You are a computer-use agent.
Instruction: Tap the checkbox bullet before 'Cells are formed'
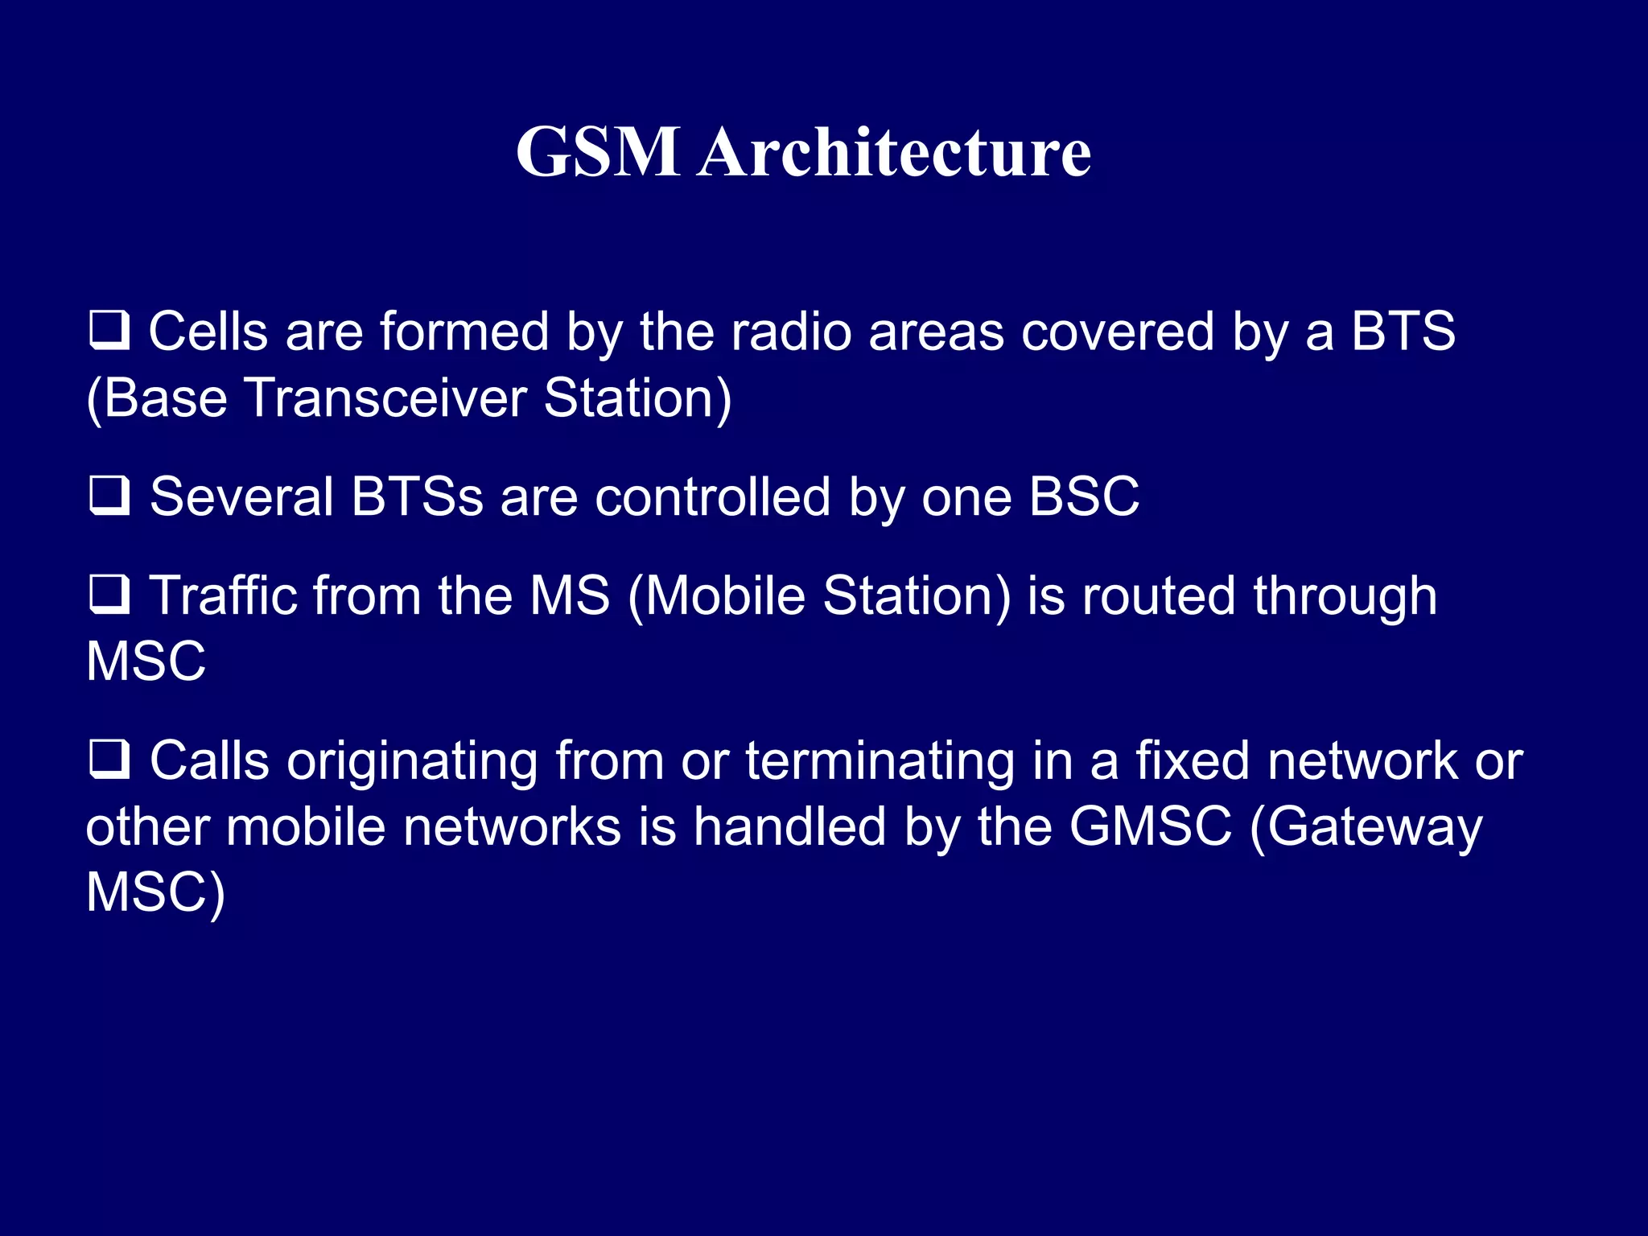pos(109,330)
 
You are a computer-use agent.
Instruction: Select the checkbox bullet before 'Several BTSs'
pos(109,495)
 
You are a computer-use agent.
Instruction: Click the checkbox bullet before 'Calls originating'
pos(109,759)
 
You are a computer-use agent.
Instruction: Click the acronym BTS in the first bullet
pos(1403,331)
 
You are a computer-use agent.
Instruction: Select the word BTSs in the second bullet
pos(417,496)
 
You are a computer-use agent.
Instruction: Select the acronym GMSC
pos(1150,826)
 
